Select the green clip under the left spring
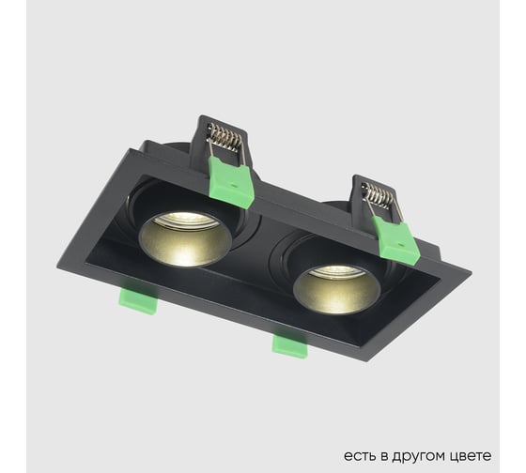point(232,181)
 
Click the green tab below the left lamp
point(138,300)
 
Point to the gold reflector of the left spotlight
point(183,242)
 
